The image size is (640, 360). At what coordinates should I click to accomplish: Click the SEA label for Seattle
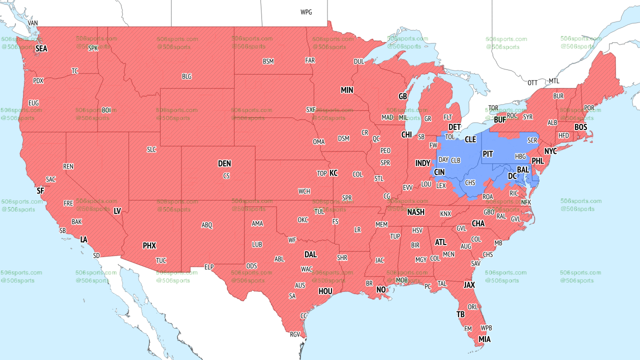coord(41,49)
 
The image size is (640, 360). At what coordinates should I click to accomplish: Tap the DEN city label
coord(224,163)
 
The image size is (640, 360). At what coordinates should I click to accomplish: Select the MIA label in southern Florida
coord(484,339)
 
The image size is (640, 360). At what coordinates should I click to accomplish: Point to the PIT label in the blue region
coord(488,154)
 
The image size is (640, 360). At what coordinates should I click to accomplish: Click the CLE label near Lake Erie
coord(470,139)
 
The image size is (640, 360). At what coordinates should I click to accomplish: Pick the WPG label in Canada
coord(306,12)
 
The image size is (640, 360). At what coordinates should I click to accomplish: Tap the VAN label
coord(33,23)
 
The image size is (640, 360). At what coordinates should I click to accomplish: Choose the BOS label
coord(580,127)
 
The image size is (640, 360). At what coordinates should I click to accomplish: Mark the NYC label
coord(550,151)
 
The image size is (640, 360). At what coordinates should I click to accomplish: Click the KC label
coord(333,173)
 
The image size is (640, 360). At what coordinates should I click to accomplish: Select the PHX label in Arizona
coord(149,245)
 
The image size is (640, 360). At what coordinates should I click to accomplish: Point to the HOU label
coord(325,291)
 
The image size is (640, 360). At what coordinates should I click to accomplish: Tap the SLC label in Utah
coord(151,149)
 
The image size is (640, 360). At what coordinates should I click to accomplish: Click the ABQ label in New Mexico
coord(207,225)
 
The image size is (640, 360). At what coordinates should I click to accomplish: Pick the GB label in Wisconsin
coord(402,96)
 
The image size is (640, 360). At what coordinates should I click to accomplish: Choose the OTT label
coord(532,82)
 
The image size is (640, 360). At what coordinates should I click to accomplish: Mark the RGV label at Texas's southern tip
coord(294,334)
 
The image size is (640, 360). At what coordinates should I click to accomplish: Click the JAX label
coord(469,285)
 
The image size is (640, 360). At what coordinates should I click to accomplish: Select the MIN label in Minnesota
coord(347,90)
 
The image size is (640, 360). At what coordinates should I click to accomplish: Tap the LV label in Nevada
coord(117,211)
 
